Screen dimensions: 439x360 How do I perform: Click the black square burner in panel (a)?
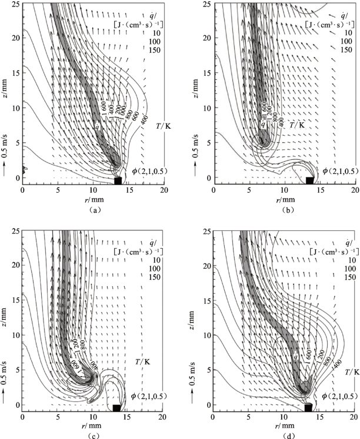coord(118,180)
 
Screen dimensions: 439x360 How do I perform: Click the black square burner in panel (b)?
coord(310,180)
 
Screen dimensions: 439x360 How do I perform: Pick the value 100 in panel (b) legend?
coord(345,41)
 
